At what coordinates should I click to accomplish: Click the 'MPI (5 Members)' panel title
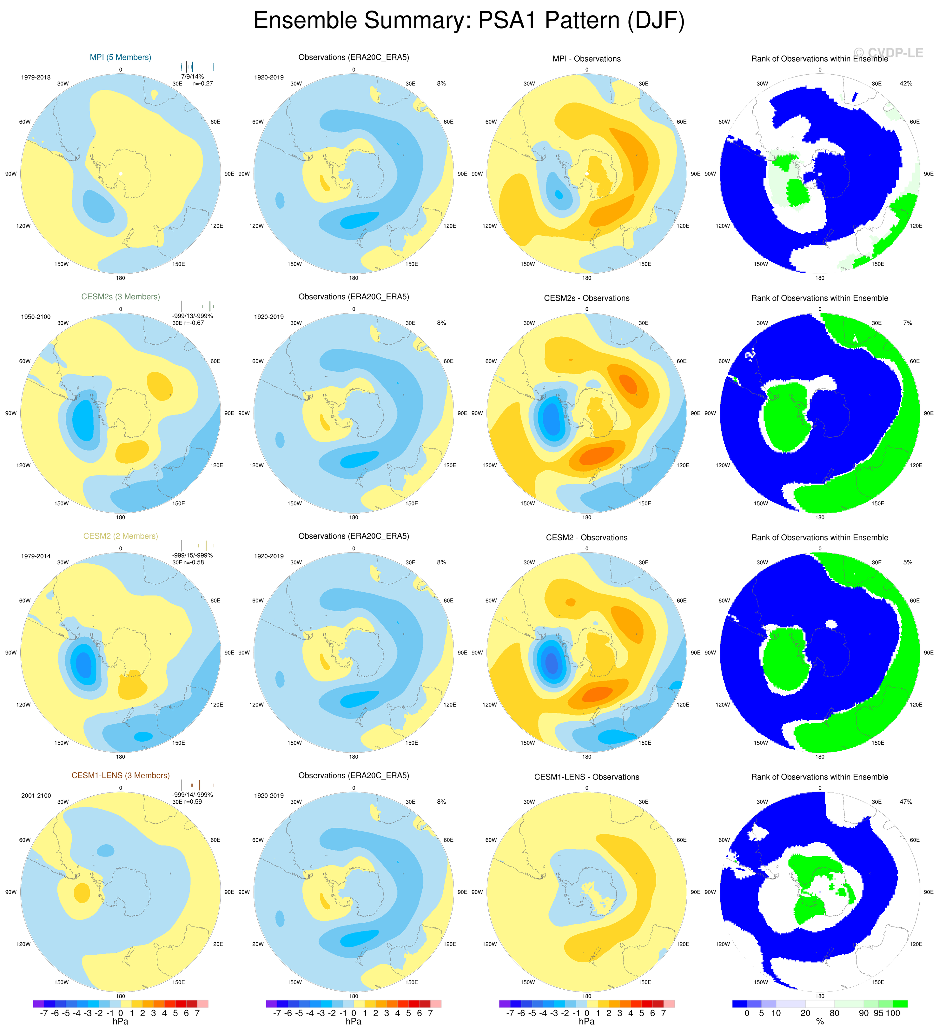pos(121,57)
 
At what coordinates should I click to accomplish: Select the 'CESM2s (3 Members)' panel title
pos(121,297)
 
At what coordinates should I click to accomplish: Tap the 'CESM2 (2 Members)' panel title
pos(121,536)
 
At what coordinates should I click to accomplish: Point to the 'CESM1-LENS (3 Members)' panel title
pos(121,775)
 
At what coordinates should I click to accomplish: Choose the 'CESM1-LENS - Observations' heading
pos(586,777)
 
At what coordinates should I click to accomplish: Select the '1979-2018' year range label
pos(36,77)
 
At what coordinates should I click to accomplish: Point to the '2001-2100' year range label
pos(36,795)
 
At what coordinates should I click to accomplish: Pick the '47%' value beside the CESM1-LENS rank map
pos(906,801)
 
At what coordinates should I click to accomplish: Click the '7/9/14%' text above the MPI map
pos(193,76)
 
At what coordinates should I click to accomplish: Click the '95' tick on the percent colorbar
pos(878,1013)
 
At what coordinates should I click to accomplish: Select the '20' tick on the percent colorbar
pos(805,1013)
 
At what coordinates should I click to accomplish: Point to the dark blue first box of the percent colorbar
pos(740,1004)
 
